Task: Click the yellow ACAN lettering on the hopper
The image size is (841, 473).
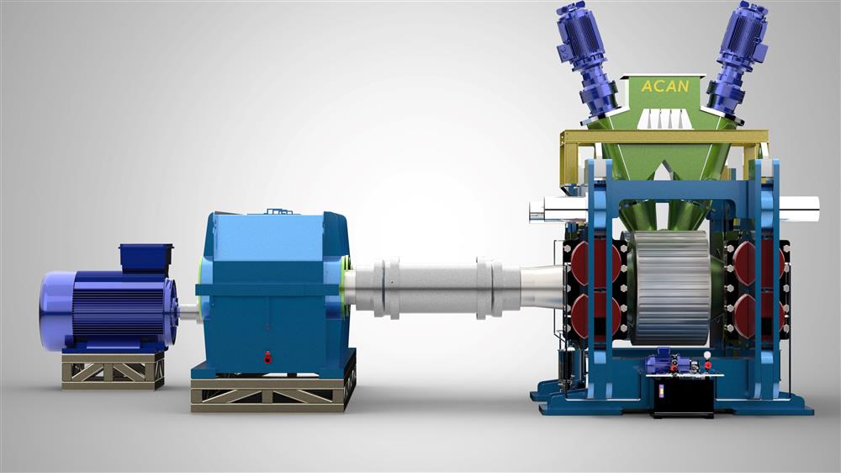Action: (x=665, y=86)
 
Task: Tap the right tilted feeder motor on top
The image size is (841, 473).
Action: (x=737, y=58)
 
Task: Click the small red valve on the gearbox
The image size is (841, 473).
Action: (x=267, y=356)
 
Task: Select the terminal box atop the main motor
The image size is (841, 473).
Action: (x=145, y=258)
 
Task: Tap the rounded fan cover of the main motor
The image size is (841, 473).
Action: (x=56, y=311)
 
